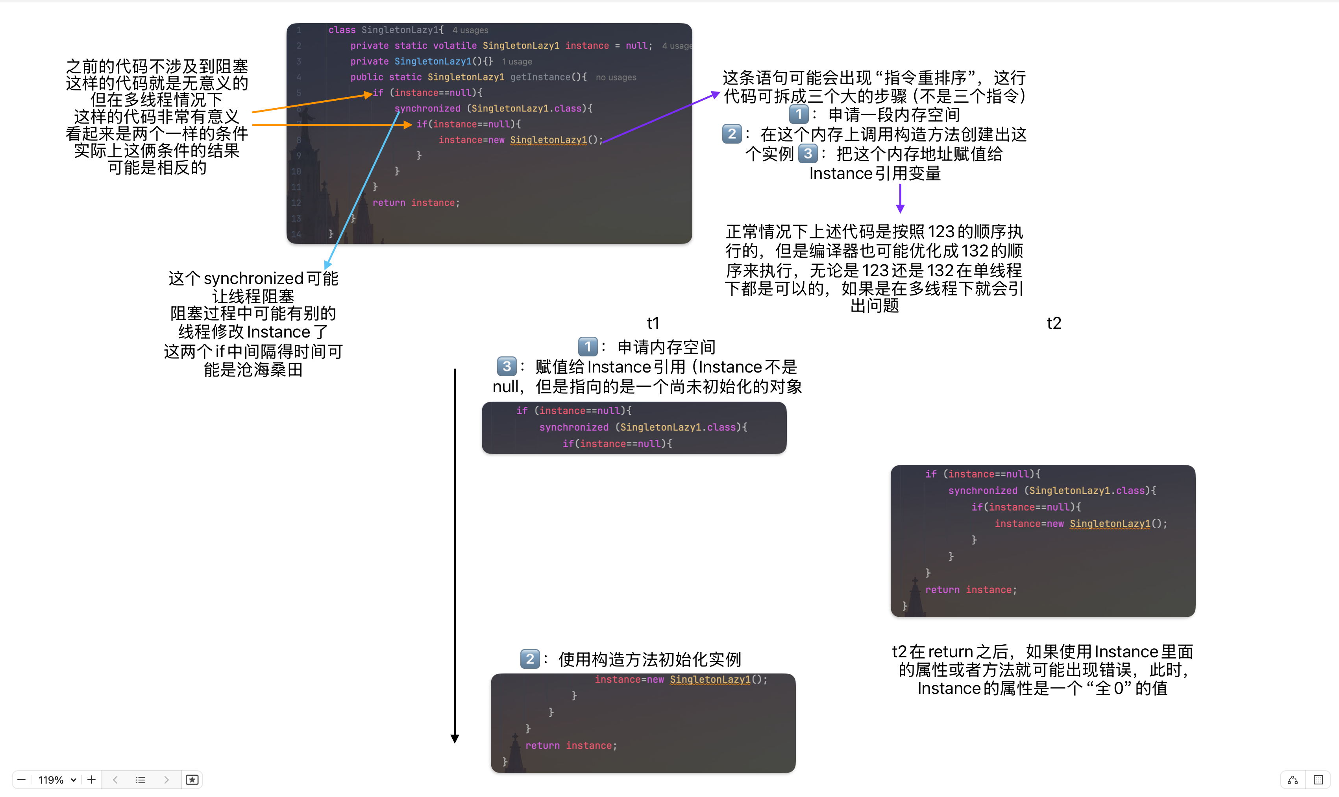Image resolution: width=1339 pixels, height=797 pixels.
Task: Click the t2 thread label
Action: coord(1054,323)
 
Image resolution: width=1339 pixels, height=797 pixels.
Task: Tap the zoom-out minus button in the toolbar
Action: coord(22,779)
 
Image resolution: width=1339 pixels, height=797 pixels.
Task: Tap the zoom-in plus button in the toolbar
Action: coord(91,779)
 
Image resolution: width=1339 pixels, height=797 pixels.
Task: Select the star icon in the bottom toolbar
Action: coord(192,779)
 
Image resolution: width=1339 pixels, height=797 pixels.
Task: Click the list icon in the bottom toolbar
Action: coord(140,779)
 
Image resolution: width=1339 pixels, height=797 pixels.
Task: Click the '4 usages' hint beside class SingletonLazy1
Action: coord(470,30)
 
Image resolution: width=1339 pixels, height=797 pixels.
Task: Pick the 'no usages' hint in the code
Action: coord(616,77)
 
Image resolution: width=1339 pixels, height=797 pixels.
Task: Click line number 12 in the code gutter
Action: coord(296,203)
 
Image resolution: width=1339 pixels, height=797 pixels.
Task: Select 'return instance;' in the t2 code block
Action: coord(970,590)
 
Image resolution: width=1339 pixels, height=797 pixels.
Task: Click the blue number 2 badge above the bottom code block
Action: coord(530,659)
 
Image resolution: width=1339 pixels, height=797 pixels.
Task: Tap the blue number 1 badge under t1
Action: coord(588,347)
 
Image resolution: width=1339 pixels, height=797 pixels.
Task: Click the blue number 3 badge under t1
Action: coord(506,366)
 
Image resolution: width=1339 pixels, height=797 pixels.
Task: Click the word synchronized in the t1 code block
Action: coord(574,427)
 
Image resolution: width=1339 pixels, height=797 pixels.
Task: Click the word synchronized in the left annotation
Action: coord(253,278)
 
